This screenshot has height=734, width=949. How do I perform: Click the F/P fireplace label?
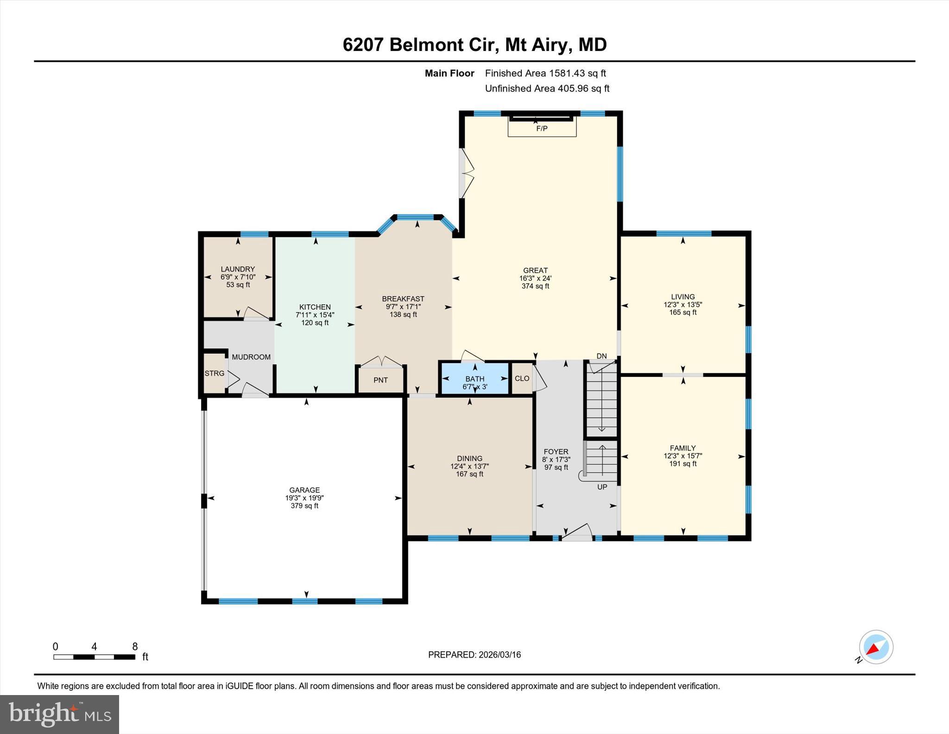542,128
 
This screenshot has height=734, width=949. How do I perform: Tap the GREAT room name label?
535,270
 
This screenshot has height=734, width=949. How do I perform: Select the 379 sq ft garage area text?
304,506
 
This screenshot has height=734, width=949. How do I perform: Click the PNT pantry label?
380,380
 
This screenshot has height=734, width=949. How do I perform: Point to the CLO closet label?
522,378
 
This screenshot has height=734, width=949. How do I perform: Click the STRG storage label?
214,373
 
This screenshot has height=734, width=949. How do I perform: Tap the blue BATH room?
475,378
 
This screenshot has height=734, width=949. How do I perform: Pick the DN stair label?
601,356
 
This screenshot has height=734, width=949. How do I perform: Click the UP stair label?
602,487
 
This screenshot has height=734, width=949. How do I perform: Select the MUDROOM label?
251,357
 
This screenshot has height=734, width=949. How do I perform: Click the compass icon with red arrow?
875,647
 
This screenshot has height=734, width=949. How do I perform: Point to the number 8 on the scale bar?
135,646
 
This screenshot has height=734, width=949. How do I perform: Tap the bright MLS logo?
59,714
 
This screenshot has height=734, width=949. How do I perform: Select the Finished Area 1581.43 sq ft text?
545,73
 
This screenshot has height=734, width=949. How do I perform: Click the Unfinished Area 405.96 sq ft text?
547,89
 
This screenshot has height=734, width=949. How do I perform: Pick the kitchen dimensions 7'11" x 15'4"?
315,315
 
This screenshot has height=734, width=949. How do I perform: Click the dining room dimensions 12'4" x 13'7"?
469,466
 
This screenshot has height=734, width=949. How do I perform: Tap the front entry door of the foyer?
577,533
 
